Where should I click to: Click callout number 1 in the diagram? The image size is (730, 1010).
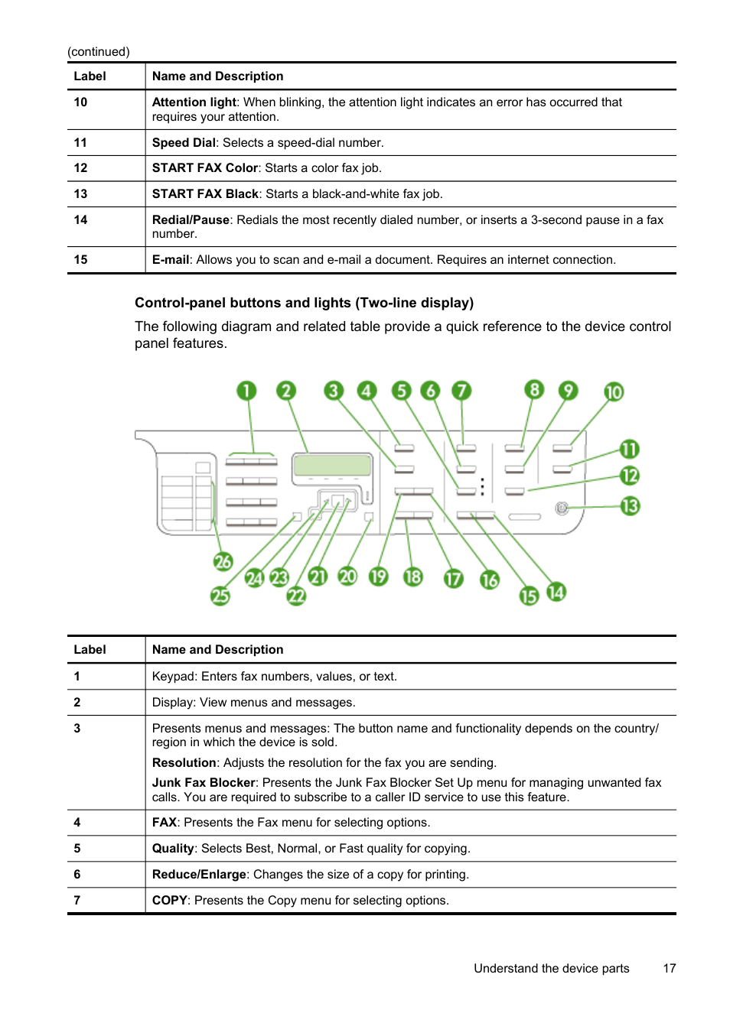point(246,391)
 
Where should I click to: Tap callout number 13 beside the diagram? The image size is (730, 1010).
point(630,506)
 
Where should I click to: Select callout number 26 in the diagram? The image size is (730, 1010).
point(223,562)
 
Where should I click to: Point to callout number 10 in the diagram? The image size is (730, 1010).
point(614,392)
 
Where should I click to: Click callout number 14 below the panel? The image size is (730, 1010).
point(556,592)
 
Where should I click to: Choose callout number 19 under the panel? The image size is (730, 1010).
point(378,576)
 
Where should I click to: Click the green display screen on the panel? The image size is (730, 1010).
point(332,465)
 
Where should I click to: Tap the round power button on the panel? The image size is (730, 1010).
point(562,508)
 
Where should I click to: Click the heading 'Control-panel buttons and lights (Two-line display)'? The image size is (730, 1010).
point(304,303)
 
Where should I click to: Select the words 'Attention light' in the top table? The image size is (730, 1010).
point(194,102)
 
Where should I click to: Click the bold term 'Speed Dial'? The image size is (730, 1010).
point(184,143)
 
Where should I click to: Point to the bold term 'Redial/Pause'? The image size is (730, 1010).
point(191,220)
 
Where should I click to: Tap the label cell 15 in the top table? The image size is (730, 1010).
point(81,260)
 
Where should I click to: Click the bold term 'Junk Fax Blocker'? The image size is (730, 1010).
point(204,783)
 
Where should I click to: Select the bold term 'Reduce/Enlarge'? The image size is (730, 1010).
point(199,875)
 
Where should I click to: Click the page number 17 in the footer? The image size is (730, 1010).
point(670,969)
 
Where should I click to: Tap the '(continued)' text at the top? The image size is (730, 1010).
point(99,52)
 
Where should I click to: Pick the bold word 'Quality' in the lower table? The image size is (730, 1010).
point(173,849)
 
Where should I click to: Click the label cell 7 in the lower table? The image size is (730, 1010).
point(77,901)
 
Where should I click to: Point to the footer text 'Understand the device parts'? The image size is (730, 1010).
point(551,969)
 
